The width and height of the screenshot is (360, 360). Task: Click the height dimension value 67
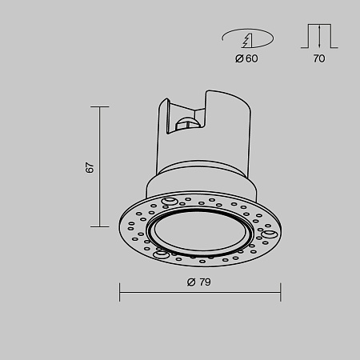click(90, 167)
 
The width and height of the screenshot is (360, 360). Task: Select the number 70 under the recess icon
click(319, 58)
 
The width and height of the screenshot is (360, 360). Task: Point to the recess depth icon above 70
click(319, 36)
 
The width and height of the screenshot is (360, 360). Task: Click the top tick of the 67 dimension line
click(100, 106)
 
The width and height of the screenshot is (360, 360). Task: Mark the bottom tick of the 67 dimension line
click(100, 226)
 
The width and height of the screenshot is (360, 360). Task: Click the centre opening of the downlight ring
click(200, 234)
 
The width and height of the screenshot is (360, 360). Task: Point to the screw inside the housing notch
click(189, 122)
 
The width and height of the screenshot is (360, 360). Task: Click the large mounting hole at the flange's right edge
click(270, 234)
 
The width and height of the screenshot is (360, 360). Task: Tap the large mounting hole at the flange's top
click(170, 200)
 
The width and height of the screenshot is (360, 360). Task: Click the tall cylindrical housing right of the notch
click(228, 132)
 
